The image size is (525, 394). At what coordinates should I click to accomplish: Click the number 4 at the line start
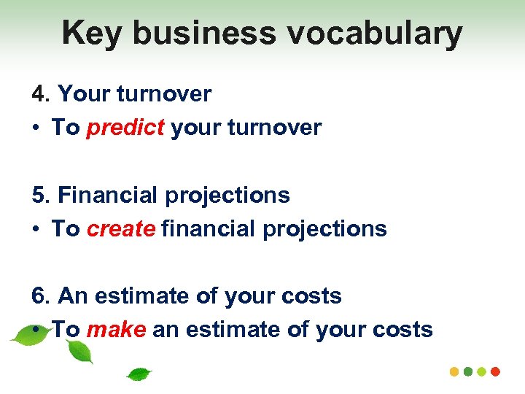coord(39,93)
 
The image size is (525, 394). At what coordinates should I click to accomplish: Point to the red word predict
coord(125,128)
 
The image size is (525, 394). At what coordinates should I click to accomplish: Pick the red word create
coord(121,228)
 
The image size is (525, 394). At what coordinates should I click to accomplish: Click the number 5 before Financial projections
coord(39,195)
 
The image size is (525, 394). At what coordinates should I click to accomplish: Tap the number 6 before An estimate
coord(39,295)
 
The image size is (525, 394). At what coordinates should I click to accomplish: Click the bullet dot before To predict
coord(36,128)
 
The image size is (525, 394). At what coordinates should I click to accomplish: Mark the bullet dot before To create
coord(36,229)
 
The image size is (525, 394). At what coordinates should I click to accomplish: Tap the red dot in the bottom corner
coord(496,371)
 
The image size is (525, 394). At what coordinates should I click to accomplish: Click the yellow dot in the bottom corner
coord(454,371)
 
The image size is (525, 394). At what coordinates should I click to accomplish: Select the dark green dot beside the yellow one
coord(468,371)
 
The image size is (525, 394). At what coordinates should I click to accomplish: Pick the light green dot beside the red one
coord(482,371)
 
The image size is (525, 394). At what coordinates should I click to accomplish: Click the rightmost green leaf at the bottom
coord(139,374)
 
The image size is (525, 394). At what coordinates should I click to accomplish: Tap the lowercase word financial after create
coord(205,228)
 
